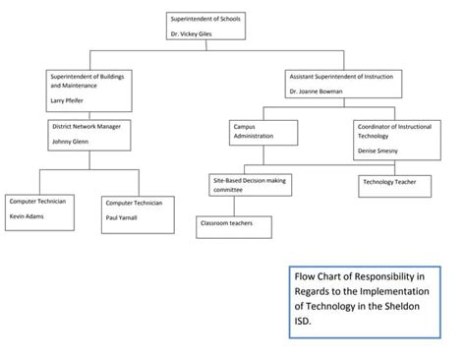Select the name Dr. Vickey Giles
pyautogui.click(x=191, y=33)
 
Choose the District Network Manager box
pyautogui.click(x=89, y=135)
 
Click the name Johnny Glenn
pyautogui.click(x=69, y=142)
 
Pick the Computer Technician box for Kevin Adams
pyautogui.click(x=38, y=210)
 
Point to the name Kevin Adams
pyautogui.click(x=27, y=214)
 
